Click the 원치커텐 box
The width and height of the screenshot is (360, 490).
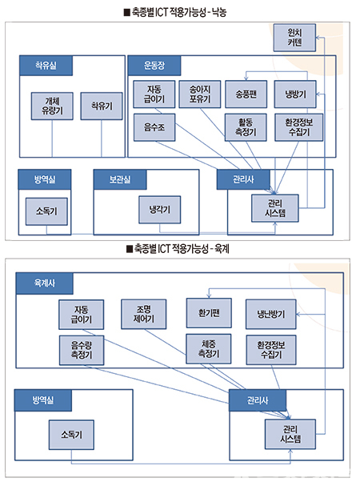(294, 38)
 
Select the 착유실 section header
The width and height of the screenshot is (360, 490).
(46, 66)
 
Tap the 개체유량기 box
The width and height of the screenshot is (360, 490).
(52, 106)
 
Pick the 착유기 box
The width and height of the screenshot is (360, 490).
(102, 106)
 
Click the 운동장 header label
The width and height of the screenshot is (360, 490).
(154, 66)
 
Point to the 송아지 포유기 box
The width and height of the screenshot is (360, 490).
(200, 94)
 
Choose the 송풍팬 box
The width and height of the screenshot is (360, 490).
(246, 94)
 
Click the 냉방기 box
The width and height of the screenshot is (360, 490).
(295, 94)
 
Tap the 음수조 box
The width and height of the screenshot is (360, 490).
(154, 127)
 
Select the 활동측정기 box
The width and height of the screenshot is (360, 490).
(246, 127)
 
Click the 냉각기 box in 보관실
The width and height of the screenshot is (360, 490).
(159, 210)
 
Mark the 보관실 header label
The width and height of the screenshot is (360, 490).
(120, 179)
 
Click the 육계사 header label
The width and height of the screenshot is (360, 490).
(45, 283)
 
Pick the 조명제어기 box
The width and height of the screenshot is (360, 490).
(144, 314)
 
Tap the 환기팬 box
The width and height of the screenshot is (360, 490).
(209, 313)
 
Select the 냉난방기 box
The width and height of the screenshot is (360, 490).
(270, 314)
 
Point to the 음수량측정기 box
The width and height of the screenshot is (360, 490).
(82, 351)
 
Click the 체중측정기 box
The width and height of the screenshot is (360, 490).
(209, 349)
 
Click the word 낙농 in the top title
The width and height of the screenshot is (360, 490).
(219, 13)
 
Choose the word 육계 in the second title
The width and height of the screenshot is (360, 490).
(222, 249)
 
